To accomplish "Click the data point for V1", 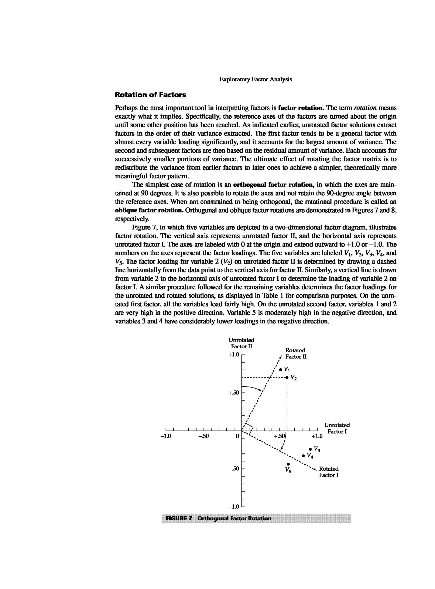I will click(281, 369).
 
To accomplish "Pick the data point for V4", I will click(303, 455).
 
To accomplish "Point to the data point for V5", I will click(288, 464).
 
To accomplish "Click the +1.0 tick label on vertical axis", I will click(234, 355).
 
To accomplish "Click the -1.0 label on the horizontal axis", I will click(166, 436).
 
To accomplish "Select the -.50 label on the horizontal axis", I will click(203, 436).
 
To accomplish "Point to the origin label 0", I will click(237, 436).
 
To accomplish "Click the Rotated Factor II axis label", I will click(296, 353).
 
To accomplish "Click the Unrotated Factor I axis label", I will click(337, 428).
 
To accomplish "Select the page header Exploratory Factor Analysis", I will click(256, 79).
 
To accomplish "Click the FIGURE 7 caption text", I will click(218, 518).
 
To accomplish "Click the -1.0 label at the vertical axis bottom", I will click(234, 507).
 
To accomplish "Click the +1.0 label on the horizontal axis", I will click(317, 436).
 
